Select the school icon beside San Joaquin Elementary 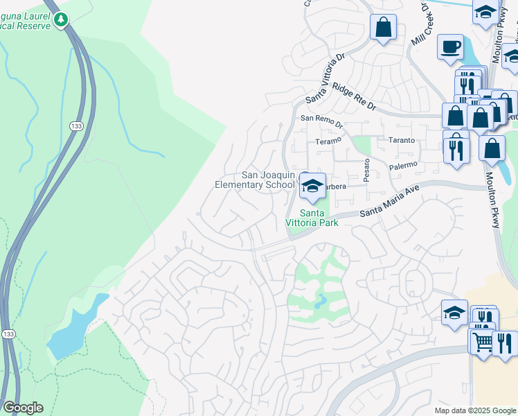click(312, 185)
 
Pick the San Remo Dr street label click(321, 119)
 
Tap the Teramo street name click(329, 141)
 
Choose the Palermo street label click(404, 166)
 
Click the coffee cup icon click(451, 47)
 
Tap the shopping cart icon click(483, 340)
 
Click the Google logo click(22, 408)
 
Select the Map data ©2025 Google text click(474, 410)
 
